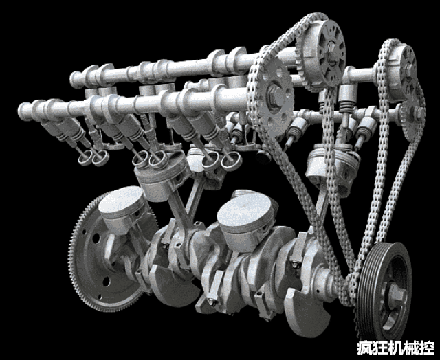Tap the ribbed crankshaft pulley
(x=385, y=291)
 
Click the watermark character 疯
(x=364, y=348)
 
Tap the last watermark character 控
(x=427, y=348)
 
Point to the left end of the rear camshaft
(x=74, y=79)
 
